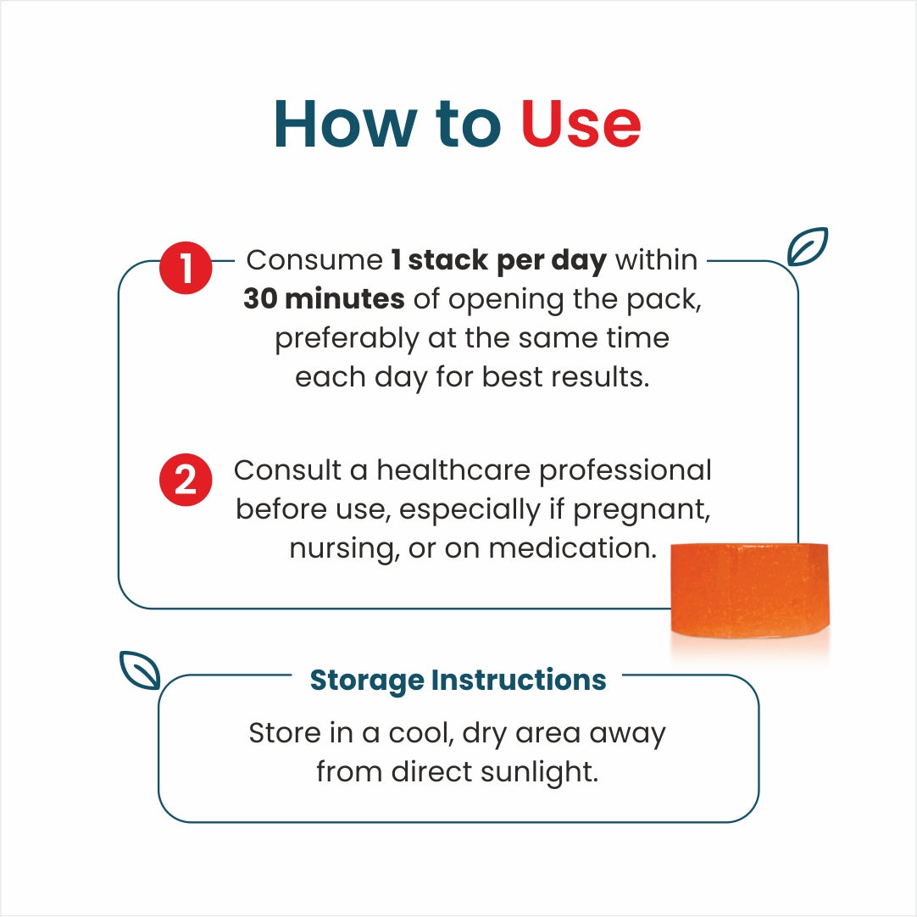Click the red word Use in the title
tap(581, 124)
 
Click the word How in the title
tap(346, 124)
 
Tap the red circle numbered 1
tap(186, 268)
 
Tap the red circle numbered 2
tap(186, 480)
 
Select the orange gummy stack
tap(750, 590)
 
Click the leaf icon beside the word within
tap(808, 247)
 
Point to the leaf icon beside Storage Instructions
tap(140, 670)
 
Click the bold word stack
tap(447, 260)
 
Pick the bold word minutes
tap(345, 299)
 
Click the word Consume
tap(314, 260)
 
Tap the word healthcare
tap(453, 470)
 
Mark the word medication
tap(573, 548)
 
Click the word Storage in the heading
tap(367, 681)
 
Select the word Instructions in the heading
tap(519, 680)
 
